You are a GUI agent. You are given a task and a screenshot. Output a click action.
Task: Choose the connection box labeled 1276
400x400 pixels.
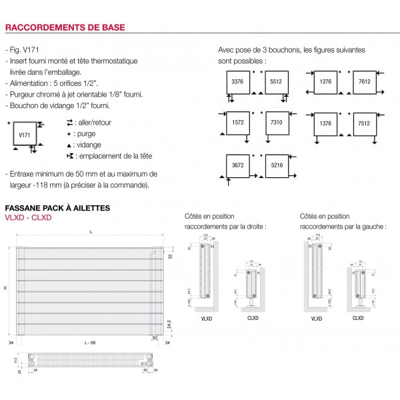(x=326, y=81)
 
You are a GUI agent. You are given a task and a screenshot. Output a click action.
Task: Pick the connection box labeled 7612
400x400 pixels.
(x=365, y=81)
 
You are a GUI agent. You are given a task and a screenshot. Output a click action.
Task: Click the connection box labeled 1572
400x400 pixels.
(x=237, y=123)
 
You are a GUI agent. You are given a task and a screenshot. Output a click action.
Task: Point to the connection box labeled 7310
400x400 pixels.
(x=275, y=123)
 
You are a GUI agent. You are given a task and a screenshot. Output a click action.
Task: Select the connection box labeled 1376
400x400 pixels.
(x=326, y=123)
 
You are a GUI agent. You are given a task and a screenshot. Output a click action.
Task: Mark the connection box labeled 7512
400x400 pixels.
(x=365, y=123)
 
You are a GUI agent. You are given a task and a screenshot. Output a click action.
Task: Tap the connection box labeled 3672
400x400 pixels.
(x=237, y=165)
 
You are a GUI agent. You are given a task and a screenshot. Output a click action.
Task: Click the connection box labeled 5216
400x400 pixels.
(x=275, y=165)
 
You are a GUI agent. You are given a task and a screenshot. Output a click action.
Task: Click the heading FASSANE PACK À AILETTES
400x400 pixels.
(x=57, y=208)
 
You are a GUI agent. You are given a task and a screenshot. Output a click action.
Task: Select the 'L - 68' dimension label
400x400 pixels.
(x=91, y=342)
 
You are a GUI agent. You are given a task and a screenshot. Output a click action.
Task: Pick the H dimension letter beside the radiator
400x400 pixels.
(x=5, y=287)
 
